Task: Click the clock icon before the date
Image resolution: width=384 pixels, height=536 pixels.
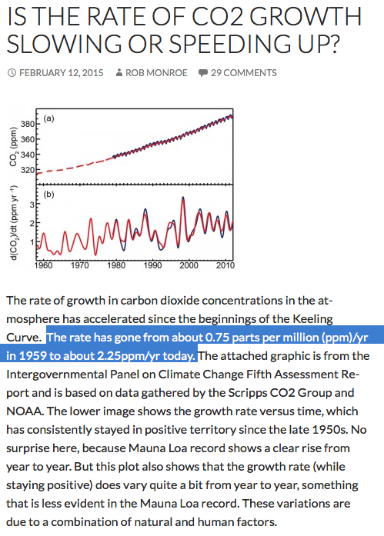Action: coord(12,73)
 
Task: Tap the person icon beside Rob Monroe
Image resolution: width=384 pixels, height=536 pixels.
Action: coord(119,73)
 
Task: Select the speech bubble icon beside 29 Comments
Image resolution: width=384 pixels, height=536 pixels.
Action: coord(202,73)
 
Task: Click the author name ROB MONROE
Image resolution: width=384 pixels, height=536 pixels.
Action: coord(156,73)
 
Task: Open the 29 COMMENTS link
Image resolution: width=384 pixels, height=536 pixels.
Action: coord(243,73)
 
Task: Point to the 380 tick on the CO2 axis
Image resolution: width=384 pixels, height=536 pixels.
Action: coord(28,124)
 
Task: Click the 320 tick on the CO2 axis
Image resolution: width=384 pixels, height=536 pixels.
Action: coord(28,170)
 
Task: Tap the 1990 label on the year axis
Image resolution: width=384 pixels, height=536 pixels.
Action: coord(152,265)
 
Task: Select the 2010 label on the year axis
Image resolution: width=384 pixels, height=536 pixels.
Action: coord(225,265)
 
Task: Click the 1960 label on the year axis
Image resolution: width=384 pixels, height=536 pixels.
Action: coord(43,265)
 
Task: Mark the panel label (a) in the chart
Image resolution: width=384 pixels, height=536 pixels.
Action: coord(48,118)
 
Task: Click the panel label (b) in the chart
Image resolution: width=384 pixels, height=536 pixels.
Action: coord(48,195)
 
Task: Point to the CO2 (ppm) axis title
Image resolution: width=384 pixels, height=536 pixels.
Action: coord(13,146)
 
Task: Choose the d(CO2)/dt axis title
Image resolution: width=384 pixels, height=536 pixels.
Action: coord(14,223)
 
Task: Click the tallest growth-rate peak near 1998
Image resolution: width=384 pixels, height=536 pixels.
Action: coord(183,198)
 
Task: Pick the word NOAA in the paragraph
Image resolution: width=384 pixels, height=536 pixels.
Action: coord(25,411)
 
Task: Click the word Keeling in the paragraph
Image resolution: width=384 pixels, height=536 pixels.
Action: coord(312,319)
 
